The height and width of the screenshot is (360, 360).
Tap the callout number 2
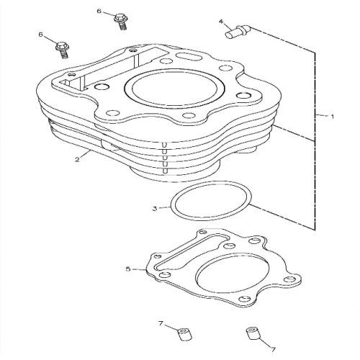coord(76,159)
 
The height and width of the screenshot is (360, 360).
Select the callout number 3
coord(154,210)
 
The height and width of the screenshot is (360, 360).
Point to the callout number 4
coord(221,22)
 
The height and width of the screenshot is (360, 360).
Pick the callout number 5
coord(127,269)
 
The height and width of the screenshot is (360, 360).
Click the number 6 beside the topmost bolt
coord(99,12)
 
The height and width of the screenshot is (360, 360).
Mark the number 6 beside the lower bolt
coord(42,34)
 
